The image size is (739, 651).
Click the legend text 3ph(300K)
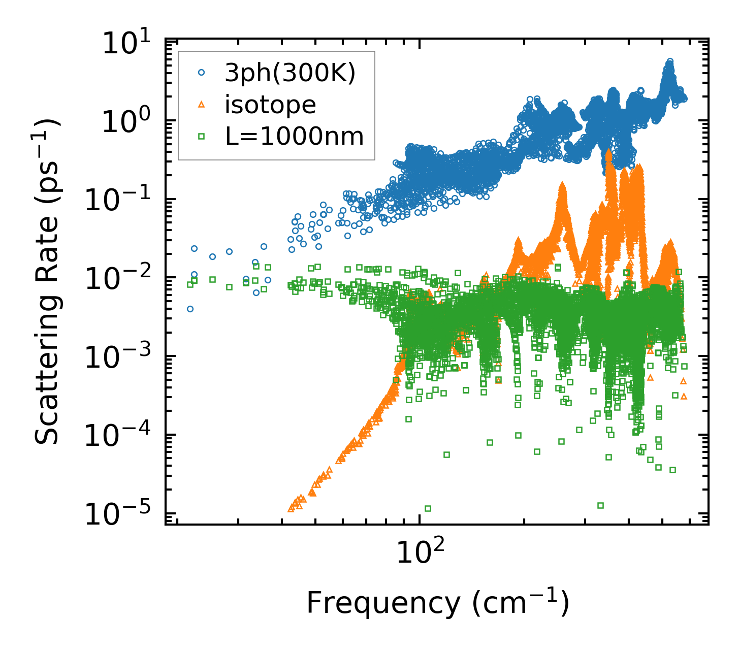[290, 74]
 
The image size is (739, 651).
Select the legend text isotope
[270, 105]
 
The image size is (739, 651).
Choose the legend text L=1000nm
[294, 136]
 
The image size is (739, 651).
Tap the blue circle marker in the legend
[201, 73]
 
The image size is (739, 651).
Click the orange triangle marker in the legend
[201, 105]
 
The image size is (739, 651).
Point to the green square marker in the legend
[201, 136]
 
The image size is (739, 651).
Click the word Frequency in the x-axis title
[383, 603]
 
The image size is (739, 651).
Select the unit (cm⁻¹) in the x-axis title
[521, 602]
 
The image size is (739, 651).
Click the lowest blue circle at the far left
[190, 309]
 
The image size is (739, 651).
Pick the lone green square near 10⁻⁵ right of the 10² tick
[428, 508]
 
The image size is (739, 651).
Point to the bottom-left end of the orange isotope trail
[291, 508]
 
